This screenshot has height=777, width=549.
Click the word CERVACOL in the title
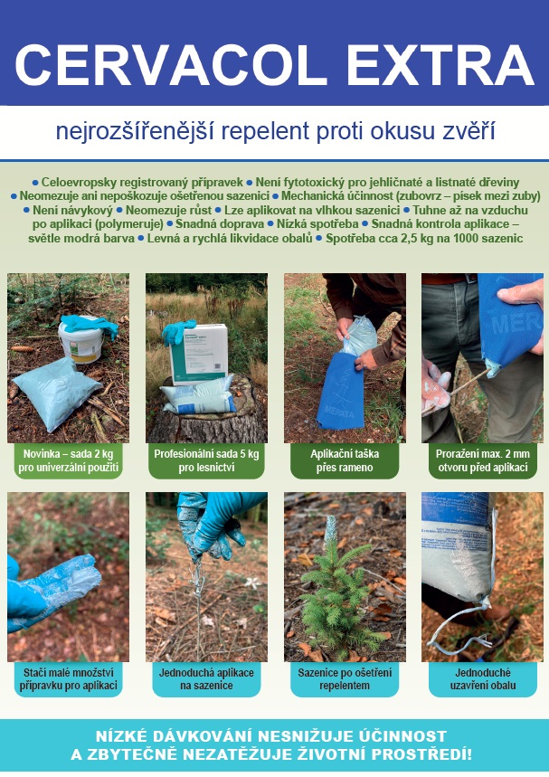point(170,65)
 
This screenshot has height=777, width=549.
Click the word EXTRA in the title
point(440,65)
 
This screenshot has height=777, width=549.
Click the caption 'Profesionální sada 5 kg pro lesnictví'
point(206,460)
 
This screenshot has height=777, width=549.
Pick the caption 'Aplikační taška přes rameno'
point(345,460)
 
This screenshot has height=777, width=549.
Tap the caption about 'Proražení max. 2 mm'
point(483,460)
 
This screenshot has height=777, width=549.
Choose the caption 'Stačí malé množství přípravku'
point(69,679)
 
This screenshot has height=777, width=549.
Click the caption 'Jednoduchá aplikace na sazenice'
point(206,679)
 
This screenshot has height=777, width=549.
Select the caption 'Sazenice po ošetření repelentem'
point(345,679)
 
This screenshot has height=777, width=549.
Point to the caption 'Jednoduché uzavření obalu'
point(483,679)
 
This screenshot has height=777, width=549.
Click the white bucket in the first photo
point(80,341)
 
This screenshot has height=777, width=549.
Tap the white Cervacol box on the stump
point(198,354)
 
